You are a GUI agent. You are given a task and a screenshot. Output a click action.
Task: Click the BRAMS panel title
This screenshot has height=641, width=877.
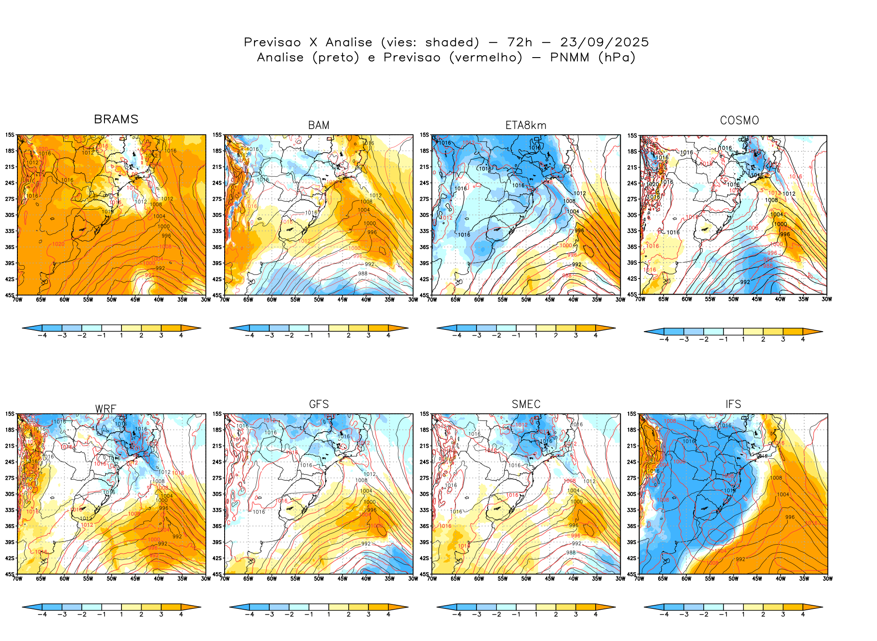coord(116,119)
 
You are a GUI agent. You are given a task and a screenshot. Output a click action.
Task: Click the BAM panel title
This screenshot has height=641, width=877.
coord(319,125)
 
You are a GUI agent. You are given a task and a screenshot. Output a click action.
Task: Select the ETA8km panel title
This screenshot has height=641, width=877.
coord(526,125)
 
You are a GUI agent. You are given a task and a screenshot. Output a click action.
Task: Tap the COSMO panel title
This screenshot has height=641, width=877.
coord(739,121)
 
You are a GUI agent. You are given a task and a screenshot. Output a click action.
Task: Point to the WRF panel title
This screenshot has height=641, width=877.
coord(106,409)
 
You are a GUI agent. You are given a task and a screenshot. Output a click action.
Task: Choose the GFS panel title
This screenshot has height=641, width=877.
coord(319,404)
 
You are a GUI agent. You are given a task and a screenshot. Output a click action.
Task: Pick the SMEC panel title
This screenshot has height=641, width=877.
coord(526,404)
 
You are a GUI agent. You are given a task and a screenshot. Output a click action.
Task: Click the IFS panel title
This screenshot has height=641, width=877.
coord(733,404)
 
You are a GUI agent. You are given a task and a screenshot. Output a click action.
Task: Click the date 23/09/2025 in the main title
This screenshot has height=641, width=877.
coord(604,42)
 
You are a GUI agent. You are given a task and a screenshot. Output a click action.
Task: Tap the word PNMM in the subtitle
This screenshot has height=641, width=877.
coord(569,58)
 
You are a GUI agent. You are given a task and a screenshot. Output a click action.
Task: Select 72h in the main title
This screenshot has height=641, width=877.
coord(520,42)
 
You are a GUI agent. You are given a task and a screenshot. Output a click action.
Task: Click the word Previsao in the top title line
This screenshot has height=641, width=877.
coord(272,42)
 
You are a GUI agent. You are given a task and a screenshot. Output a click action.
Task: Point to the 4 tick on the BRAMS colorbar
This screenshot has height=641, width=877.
coord(181,335)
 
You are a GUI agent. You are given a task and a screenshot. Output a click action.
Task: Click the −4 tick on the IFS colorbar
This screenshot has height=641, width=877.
coord(664,614)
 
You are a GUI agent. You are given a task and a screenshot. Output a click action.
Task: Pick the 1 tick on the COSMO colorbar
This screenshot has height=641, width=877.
coord(743,339)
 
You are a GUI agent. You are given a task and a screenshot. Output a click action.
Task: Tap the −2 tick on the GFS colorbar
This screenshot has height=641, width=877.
coord(289,614)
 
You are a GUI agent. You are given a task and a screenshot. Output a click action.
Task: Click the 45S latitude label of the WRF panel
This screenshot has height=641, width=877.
coord(10,574)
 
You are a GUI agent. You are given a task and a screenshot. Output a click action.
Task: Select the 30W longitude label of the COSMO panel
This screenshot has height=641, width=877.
coord(827,299)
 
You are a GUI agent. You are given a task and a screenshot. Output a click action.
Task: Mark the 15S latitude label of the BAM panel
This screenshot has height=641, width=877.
coord(217,135)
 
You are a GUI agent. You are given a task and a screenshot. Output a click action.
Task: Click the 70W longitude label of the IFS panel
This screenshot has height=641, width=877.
coord(639,579)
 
